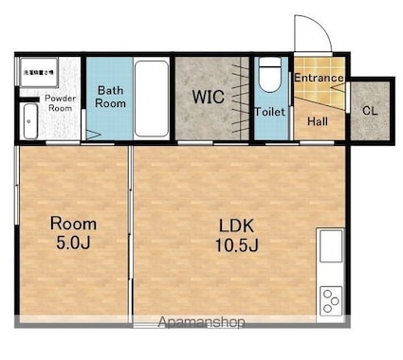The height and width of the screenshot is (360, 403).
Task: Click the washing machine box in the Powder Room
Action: [38, 69]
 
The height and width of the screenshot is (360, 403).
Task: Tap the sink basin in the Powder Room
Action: [27, 120]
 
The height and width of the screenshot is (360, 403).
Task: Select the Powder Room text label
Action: [60, 102]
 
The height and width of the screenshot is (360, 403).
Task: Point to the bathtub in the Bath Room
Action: [151, 99]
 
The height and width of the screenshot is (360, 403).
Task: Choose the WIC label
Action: [210, 97]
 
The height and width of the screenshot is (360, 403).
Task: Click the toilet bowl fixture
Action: [269, 75]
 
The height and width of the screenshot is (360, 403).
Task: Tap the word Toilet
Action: [269, 112]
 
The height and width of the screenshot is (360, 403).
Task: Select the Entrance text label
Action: [318, 77]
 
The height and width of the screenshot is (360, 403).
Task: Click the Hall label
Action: [318, 120]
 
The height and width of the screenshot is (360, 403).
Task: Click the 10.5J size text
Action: [237, 244]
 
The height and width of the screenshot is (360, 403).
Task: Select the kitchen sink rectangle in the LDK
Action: [331, 247]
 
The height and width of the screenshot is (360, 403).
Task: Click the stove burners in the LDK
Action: [331, 300]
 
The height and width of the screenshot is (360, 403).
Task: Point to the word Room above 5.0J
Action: [73, 225]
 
